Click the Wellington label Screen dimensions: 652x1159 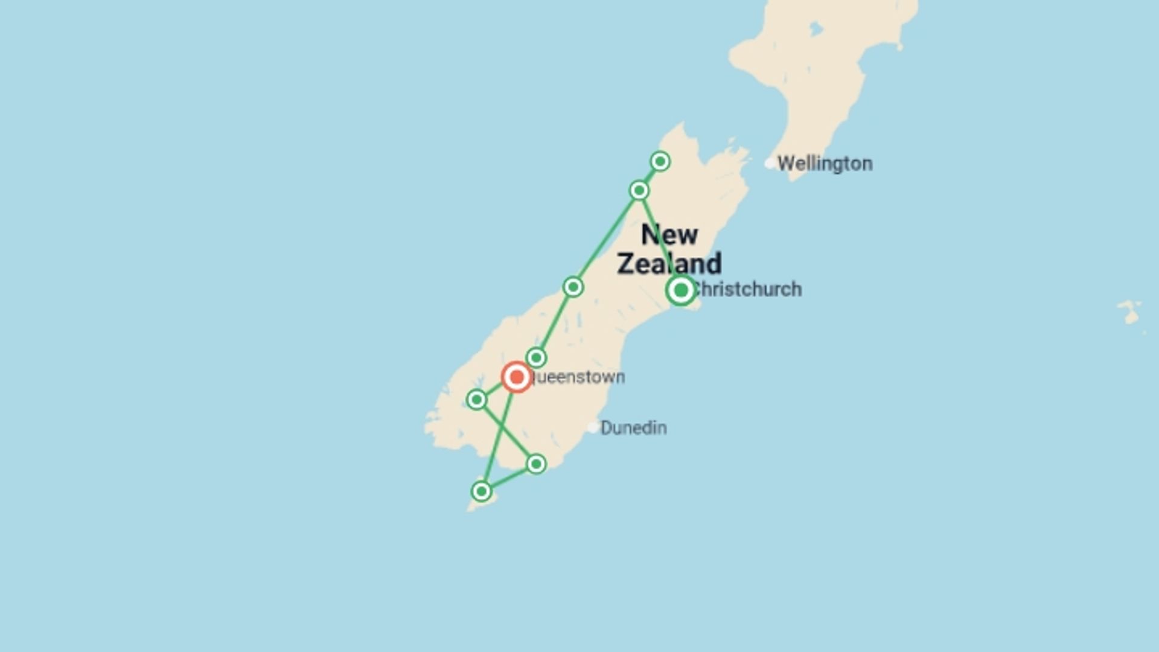click(825, 164)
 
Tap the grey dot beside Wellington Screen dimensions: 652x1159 click(770, 163)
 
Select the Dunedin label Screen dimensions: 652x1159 click(633, 428)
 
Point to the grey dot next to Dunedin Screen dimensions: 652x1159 click(593, 427)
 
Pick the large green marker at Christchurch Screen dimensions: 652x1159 click(681, 290)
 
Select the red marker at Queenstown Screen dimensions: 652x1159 click(516, 377)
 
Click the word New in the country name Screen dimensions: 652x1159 click(669, 235)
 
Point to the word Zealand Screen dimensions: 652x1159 click(669, 264)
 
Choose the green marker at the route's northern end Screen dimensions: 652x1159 click(660, 161)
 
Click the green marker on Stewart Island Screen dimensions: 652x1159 click(481, 491)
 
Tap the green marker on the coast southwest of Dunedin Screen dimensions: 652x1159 click(536, 464)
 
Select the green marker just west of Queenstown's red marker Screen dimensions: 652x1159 click(477, 399)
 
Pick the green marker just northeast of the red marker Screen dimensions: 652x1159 click(536, 357)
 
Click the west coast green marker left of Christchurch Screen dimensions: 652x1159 click(573, 287)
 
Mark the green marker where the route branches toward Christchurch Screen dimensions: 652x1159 click(639, 191)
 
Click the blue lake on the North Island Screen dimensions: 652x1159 click(816, 28)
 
